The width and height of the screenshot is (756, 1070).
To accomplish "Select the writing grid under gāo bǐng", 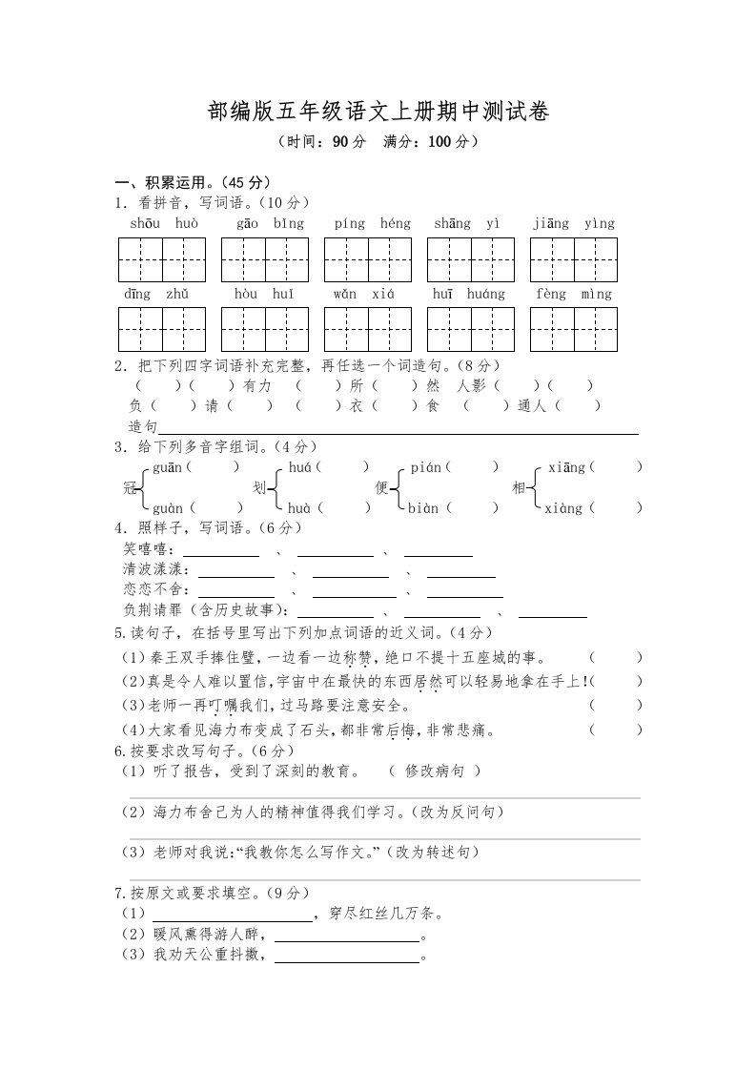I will [x=265, y=260].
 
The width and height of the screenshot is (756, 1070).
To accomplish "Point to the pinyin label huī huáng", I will [x=469, y=295].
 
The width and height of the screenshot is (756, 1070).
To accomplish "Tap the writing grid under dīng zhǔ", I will [x=162, y=329].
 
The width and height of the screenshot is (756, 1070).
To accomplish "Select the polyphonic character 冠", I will [x=131, y=488].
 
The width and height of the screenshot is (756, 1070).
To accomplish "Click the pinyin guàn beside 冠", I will [x=169, y=508].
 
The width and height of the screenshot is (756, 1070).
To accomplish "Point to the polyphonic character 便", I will [x=381, y=488].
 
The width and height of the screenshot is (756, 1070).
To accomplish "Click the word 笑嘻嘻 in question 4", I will [x=145, y=549].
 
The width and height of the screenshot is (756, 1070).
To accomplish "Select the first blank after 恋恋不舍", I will [x=235, y=590].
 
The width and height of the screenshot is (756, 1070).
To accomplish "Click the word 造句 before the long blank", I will [x=143, y=426].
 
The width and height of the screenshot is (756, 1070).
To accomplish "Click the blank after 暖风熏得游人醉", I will [x=347, y=936].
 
